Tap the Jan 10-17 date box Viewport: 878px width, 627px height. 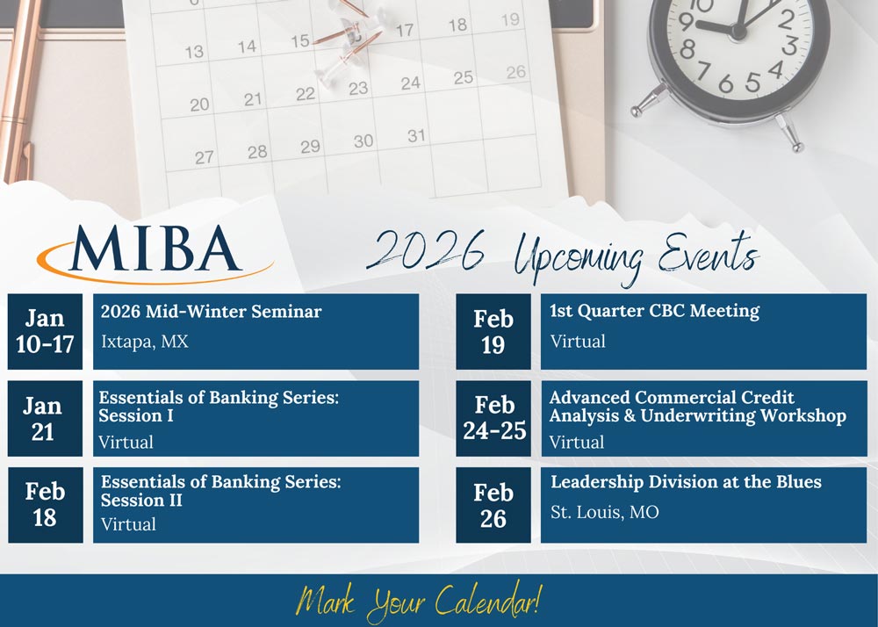coord(45,331)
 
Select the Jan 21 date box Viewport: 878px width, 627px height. coord(45,419)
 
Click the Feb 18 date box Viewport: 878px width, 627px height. coord(45,505)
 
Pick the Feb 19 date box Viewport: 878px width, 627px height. coord(493,331)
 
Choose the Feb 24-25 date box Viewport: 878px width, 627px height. coord(493,419)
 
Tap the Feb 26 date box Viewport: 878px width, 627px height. coord(493,505)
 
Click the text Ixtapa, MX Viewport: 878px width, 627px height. coord(145,342)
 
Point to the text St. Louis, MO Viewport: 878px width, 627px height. coord(605,512)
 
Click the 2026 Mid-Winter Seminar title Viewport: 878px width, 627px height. coord(211,311)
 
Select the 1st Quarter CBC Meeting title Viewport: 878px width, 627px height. coord(655,311)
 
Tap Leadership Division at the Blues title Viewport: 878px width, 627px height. coord(686,482)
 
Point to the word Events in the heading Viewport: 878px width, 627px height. coord(709,253)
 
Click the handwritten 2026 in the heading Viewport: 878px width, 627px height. coord(426,249)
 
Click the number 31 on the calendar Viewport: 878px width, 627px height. coord(416,135)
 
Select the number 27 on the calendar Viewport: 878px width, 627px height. coord(205,157)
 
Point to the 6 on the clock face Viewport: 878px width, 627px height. coord(726,84)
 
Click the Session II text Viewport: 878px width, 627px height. coord(141,500)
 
